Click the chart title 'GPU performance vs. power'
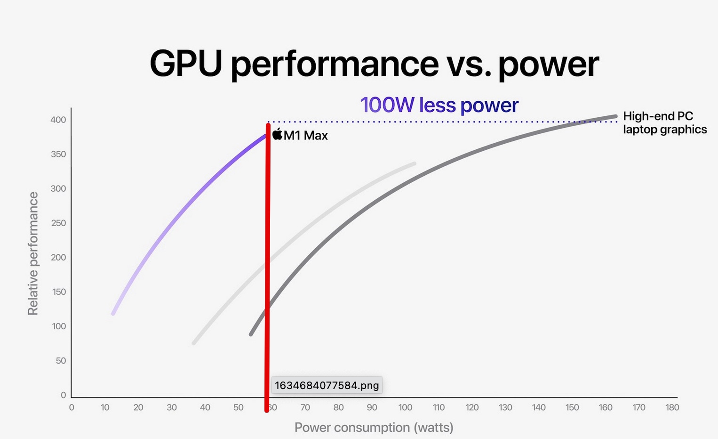tap(374, 64)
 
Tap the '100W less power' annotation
tap(439, 105)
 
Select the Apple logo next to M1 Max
tap(277, 134)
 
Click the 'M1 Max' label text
tap(306, 136)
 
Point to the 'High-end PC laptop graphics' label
tap(664, 123)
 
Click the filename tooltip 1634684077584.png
tap(327, 385)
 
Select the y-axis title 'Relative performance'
tap(33, 253)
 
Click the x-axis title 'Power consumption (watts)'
tap(374, 427)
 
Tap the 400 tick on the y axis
tap(58, 120)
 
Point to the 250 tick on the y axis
tap(58, 223)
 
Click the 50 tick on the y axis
tap(61, 361)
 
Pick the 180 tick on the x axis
tap(672, 407)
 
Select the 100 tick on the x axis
tap(405, 407)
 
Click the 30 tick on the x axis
tap(172, 407)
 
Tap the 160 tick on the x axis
tap(606, 407)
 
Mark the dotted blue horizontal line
tap(423, 122)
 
